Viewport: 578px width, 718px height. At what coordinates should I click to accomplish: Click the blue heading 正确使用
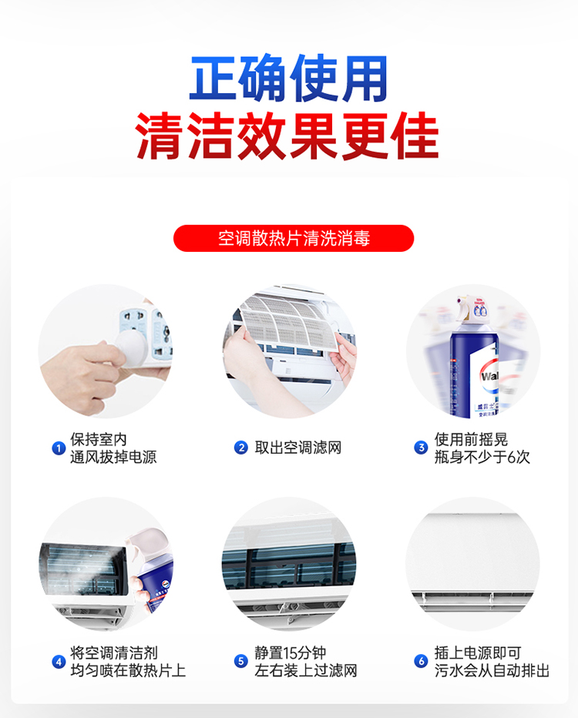point(288,78)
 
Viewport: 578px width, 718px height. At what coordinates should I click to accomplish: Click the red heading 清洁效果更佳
point(287,136)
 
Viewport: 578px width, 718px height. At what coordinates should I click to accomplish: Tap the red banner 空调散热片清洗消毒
point(294,238)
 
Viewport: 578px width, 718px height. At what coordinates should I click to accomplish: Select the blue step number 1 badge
point(59,448)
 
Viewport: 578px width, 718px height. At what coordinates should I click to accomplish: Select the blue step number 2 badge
point(241,448)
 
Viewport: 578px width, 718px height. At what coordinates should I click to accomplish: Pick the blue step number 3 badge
point(421,448)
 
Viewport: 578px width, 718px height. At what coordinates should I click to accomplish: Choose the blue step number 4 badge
point(59,662)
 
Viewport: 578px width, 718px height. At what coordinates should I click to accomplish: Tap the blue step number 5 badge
point(241,661)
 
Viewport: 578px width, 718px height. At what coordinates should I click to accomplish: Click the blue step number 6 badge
point(421,661)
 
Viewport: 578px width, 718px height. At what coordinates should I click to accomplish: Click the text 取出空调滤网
point(298,448)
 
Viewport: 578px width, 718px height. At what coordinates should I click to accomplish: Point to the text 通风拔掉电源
point(113,457)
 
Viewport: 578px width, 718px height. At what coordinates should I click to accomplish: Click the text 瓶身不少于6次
point(482,457)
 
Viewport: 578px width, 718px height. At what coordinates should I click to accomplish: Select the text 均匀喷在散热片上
point(128,670)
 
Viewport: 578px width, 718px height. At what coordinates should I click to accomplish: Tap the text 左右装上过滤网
point(306,670)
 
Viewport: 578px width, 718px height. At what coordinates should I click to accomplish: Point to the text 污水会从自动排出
point(492,670)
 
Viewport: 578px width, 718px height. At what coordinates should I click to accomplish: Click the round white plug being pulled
point(130,346)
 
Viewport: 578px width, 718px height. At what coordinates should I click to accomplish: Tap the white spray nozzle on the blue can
point(472,309)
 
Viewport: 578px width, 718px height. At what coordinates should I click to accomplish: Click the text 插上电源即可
point(478,653)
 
